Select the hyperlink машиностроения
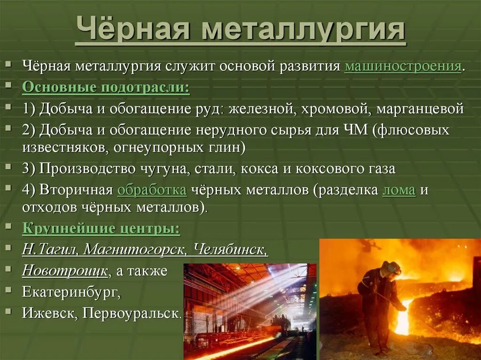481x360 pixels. [403, 66]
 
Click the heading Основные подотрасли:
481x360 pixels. [106, 87]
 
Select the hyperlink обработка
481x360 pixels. [152, 190]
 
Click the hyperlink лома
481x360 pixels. [399, 190]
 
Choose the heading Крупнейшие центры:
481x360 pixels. [101, 229]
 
